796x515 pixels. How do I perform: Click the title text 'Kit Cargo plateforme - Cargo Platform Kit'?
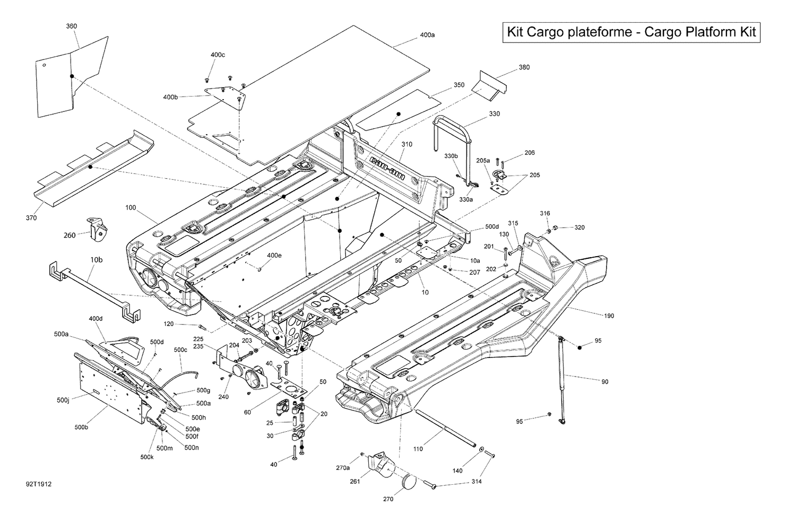tap(631, 32)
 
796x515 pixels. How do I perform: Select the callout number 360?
tap(71, 26)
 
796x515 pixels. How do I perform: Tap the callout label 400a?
tap(427, 35)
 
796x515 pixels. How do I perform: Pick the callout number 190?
tap(609, 316)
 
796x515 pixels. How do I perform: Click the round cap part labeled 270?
tap(408, 483)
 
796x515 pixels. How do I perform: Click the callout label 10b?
tap(96, 260)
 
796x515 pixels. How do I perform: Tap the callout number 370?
tap(31, 217)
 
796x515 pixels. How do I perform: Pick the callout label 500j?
tap(62, 400)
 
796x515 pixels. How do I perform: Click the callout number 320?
tap(579, 228)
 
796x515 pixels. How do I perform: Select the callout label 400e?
tap(274, 256)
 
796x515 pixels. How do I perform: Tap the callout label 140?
tap(457, 470)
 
